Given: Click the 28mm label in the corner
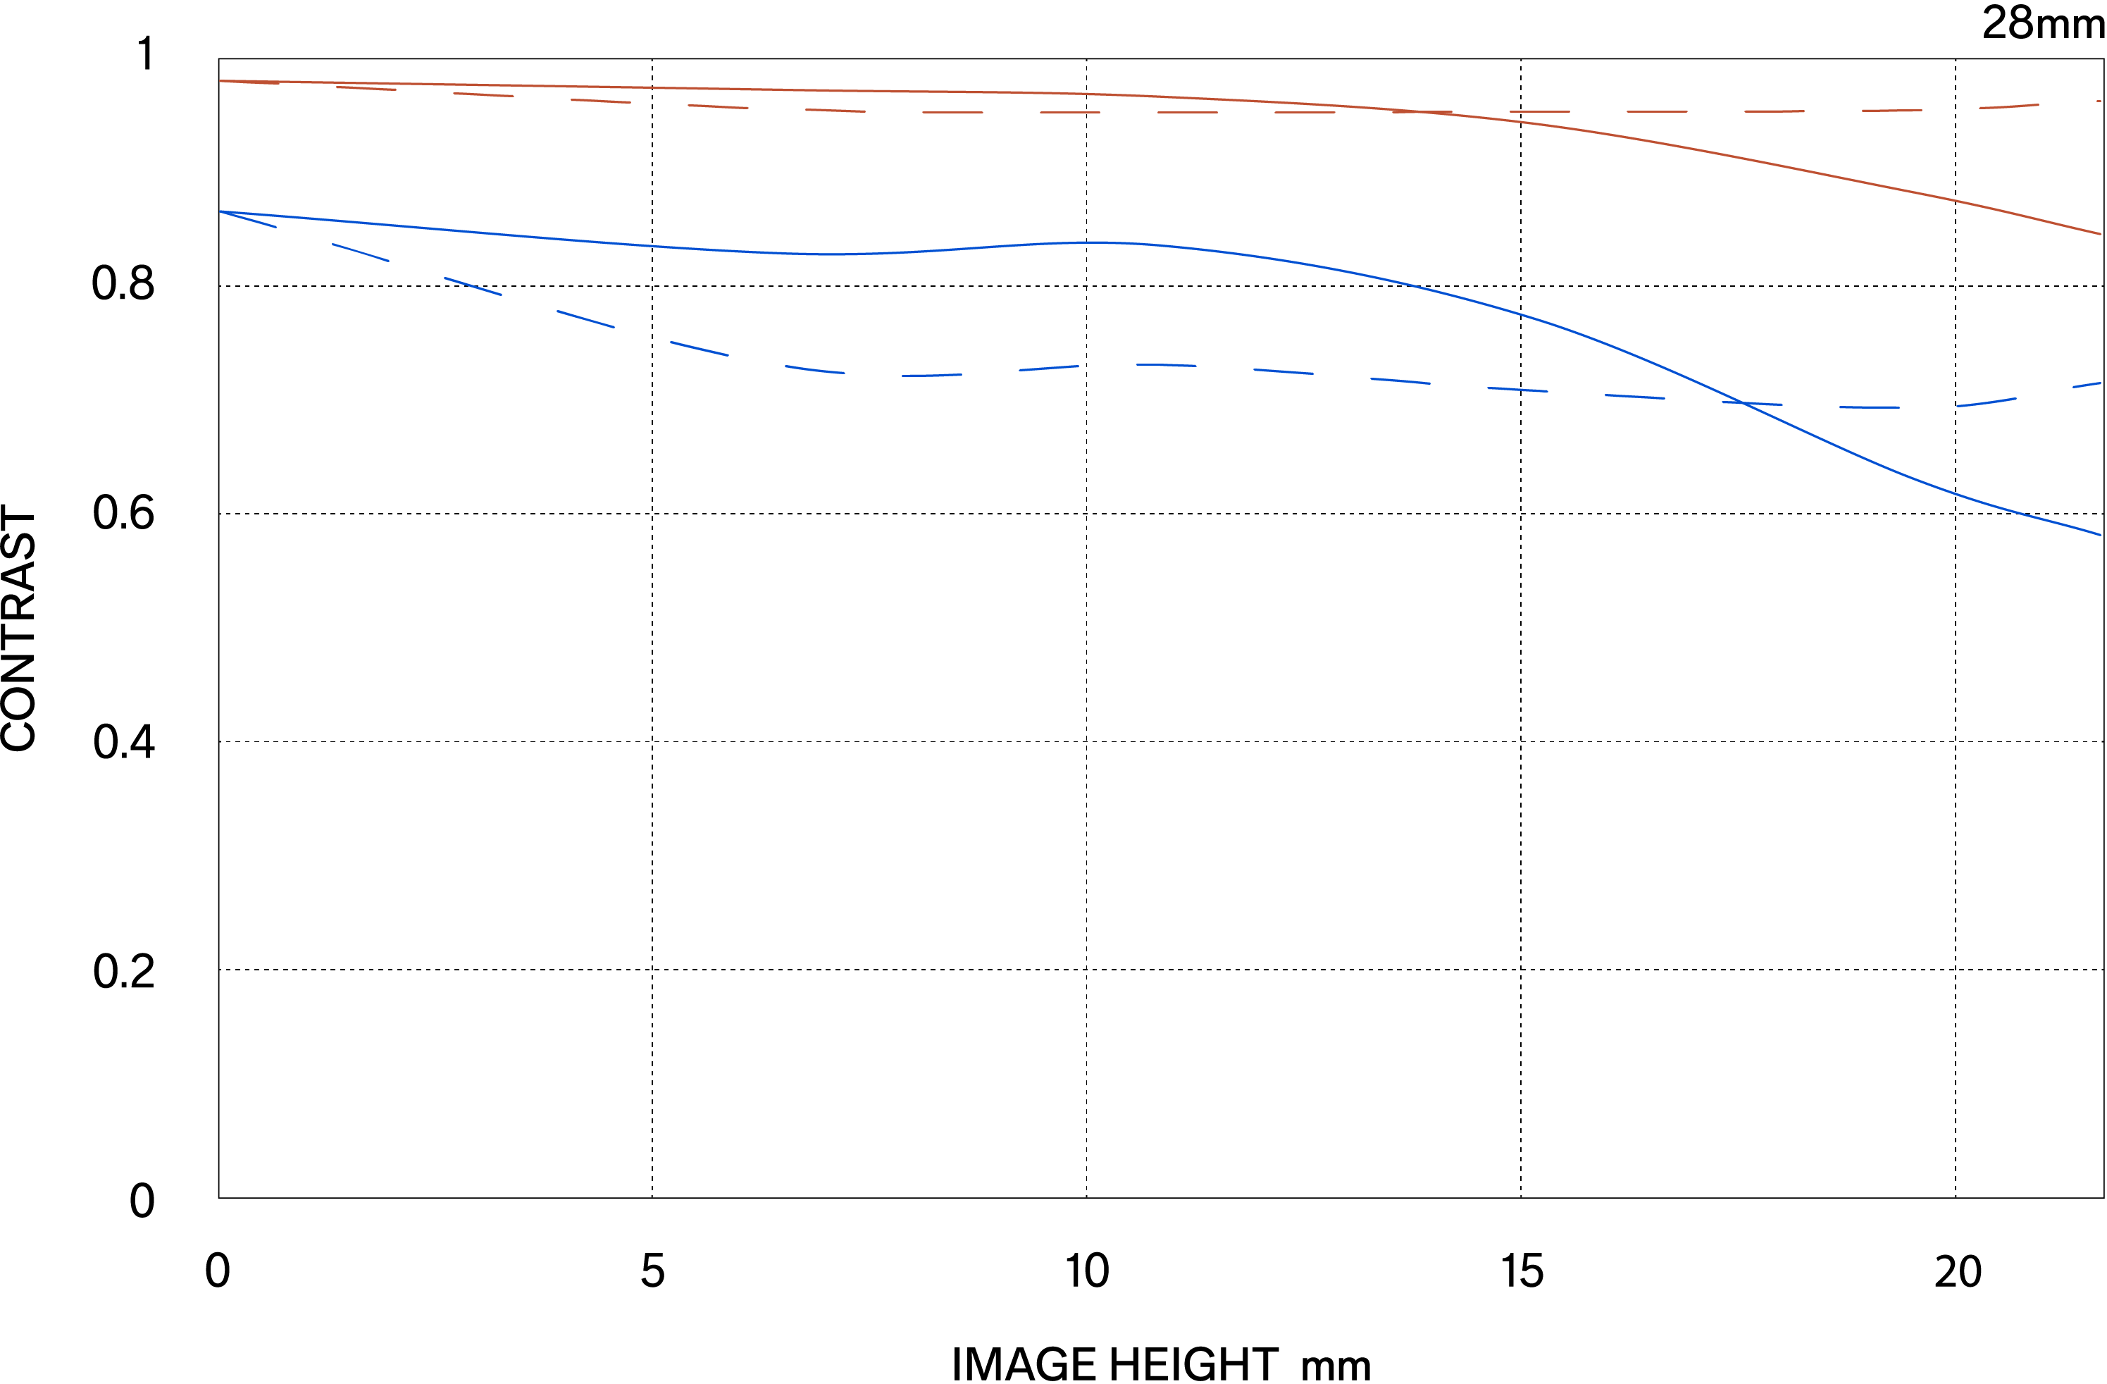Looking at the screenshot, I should pos(2041,23).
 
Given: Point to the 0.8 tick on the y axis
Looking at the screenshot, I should pos(123,284).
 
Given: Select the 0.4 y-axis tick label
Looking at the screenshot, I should pos(123,742).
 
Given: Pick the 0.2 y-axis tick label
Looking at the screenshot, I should pos(123,971).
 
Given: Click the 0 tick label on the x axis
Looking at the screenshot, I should pos(217,1271).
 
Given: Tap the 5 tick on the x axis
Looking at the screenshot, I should pos(652,1271).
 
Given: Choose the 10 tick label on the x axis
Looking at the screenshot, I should pos(1086,1271).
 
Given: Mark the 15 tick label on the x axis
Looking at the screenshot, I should pos(1522,1271).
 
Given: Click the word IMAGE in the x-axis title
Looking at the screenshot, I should pos(1024,1364).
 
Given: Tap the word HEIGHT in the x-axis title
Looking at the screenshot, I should pos(1193,1364).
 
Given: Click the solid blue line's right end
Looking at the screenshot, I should pos(2100,535).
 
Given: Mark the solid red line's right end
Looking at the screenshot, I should pos(2100,234).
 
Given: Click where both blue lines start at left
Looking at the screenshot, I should pos(220,211).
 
